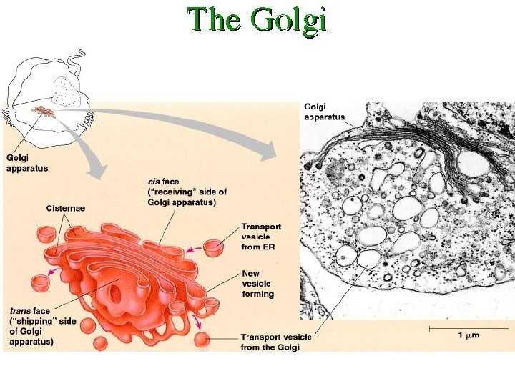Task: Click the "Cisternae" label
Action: pos(65,208)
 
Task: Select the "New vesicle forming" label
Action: pos(257,283)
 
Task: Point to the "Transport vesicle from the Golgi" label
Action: pos(270,342)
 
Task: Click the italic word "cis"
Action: pos(154,182)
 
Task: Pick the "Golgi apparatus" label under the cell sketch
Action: pos(27,164)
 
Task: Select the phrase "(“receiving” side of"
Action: pos(187,192)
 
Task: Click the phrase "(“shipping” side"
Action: pos(42,321)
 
